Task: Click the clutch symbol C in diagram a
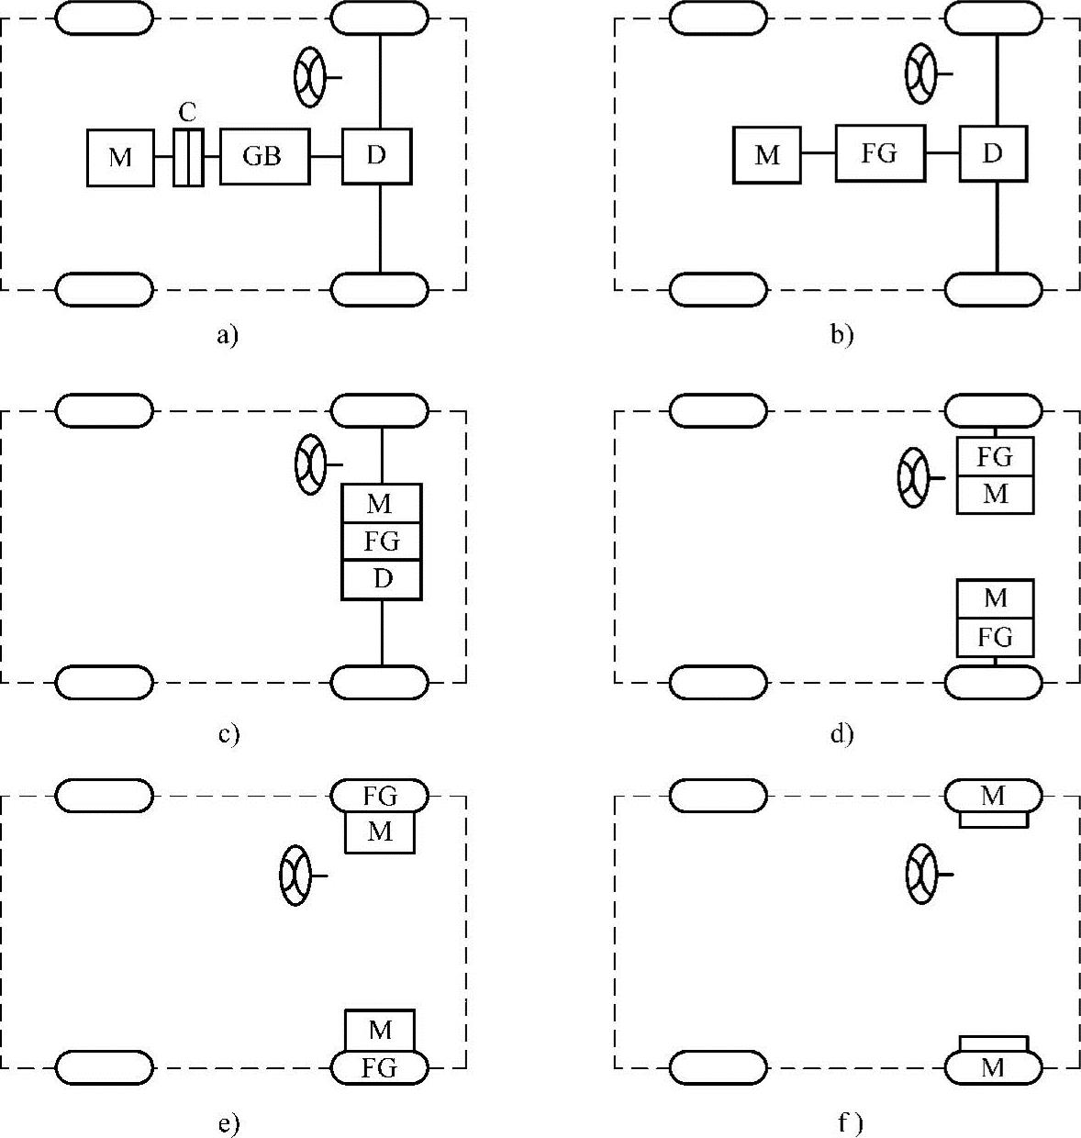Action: (x=188, y=158)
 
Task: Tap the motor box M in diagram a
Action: (x=120, y=158)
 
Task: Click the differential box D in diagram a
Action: (x=376, y=156)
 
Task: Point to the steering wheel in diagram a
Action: (x=309, y=77)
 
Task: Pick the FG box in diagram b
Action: (x=879, y=153)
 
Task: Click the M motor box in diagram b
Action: (x=766, y=155)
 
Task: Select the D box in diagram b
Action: (x=993, y=153)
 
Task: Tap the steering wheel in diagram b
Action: (x=920, y=73)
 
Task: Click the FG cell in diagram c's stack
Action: (x=382, y=541)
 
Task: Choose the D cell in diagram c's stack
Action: (x=382, y=579)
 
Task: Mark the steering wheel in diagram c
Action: (x=310, y=464)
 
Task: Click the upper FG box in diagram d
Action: (x=995, y=456)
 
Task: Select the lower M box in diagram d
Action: (x=995, y=599)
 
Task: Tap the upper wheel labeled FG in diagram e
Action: (x=379, y=795)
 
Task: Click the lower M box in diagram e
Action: (x=380, y=1030)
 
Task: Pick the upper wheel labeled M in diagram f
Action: (x=993, y=796)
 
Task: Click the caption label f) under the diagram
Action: (x=851, y=1121)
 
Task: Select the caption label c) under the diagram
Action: (x=228, y=733)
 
